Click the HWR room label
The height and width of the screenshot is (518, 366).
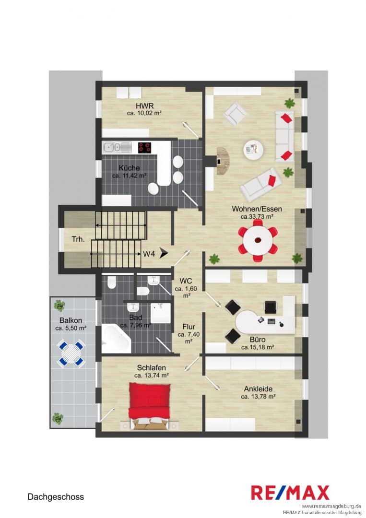[x=145, y=106]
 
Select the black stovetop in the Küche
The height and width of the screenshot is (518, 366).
[x=144, y=148]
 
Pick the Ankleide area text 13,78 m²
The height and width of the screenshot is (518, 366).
[x=259, y=397]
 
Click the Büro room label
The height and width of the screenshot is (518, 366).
[x=258, y=339]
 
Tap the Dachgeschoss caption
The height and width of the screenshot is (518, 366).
[x=56, y=497]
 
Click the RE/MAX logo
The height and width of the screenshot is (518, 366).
[x=290, y=493]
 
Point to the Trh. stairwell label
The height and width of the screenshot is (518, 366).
[x=78, y=239]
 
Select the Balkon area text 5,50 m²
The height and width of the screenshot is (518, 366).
[x=71, y=329]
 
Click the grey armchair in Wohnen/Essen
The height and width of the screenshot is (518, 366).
[x=235, y=114]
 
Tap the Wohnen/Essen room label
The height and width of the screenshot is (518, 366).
[x=257, y=209]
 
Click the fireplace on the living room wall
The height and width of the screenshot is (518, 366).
[x=223, y=161]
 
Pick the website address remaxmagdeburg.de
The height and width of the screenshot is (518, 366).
[x=331, y=506]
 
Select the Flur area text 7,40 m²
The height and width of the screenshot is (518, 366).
[x=189, y=338]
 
